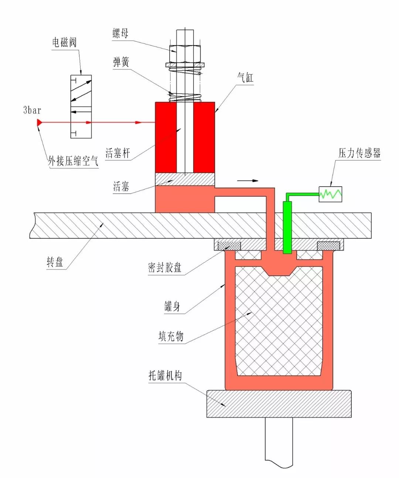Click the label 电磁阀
pos(64,42)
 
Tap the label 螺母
pos(120,34)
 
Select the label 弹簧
pos(121,62)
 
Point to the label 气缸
pos(245,78)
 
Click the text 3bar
pos(32,110)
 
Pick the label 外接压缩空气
pos(73,161)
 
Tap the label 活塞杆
pos(118,153)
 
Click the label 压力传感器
pos(359,153)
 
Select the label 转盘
pos(55,262)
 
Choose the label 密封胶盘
pos(165,267)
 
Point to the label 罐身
pos(172,306)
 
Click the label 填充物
pos(171,336)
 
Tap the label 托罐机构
pos(165,376)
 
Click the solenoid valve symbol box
pos(81,107)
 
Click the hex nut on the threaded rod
pos(185,54)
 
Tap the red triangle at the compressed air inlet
pos(39,122)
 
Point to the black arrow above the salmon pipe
pos(248,181)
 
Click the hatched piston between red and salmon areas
pos(185,179)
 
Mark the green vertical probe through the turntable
pos(287,227)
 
